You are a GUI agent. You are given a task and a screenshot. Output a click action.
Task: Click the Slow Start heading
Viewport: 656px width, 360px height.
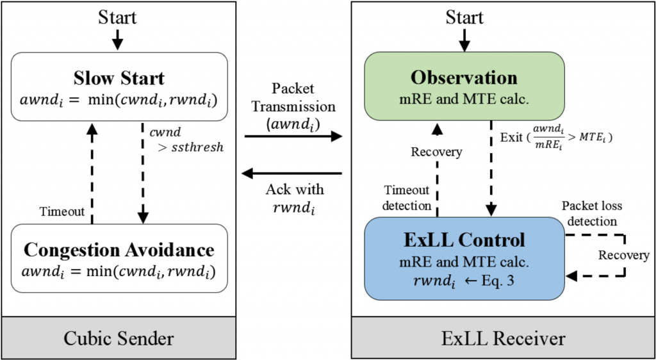(x=119, y=78)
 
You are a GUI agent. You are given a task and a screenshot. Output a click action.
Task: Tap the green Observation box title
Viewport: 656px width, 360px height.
(x=464, y=78)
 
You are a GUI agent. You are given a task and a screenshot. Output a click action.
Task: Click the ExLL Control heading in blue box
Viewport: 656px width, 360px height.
(x=464, y=240)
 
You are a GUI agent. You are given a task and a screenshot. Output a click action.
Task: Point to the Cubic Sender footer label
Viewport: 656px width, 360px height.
(x=119, y=339)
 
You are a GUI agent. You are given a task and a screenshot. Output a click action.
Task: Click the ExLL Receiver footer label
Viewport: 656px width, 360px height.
(x=504, y=339)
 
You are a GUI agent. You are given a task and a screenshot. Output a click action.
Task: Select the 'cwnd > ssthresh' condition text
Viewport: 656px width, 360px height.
(x=186, y=140)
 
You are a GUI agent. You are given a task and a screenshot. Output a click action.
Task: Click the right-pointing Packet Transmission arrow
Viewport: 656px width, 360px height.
(x=293, y=136)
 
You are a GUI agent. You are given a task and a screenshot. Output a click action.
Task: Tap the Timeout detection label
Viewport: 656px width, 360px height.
(x=407, y=197)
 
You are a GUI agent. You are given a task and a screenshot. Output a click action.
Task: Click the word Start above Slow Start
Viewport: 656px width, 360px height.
(x=117, y=17)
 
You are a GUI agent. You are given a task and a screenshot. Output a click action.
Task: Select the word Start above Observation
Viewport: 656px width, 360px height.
(x=464, y=17)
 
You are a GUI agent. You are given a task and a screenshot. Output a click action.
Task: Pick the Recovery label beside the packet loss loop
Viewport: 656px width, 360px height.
(x=623, y=255)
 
